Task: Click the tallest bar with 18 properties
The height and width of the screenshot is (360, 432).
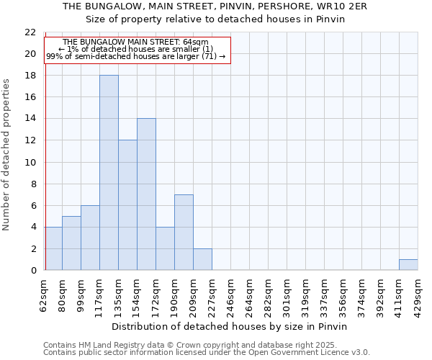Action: click(109, 173)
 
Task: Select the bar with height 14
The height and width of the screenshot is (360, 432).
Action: click(146, 194)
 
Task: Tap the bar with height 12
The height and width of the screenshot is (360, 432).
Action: click(127, 205)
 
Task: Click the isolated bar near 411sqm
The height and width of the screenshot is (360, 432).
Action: click(408, 264)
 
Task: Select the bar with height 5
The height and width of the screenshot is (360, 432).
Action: click(71, 243)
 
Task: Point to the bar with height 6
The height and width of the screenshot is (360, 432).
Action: click(90, 238)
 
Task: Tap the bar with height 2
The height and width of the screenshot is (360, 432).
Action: click(202, 259)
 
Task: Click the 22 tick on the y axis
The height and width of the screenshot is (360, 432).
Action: click(30, 32)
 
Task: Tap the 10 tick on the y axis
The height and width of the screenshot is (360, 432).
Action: click(30, 162)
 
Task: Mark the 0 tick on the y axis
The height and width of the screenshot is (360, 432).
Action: click(32, 271)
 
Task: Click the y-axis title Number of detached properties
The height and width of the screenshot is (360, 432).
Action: click(7, 155)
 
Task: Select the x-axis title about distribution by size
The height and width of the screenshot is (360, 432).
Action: click(230, 326)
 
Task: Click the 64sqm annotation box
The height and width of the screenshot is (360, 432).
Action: click(137, 49)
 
